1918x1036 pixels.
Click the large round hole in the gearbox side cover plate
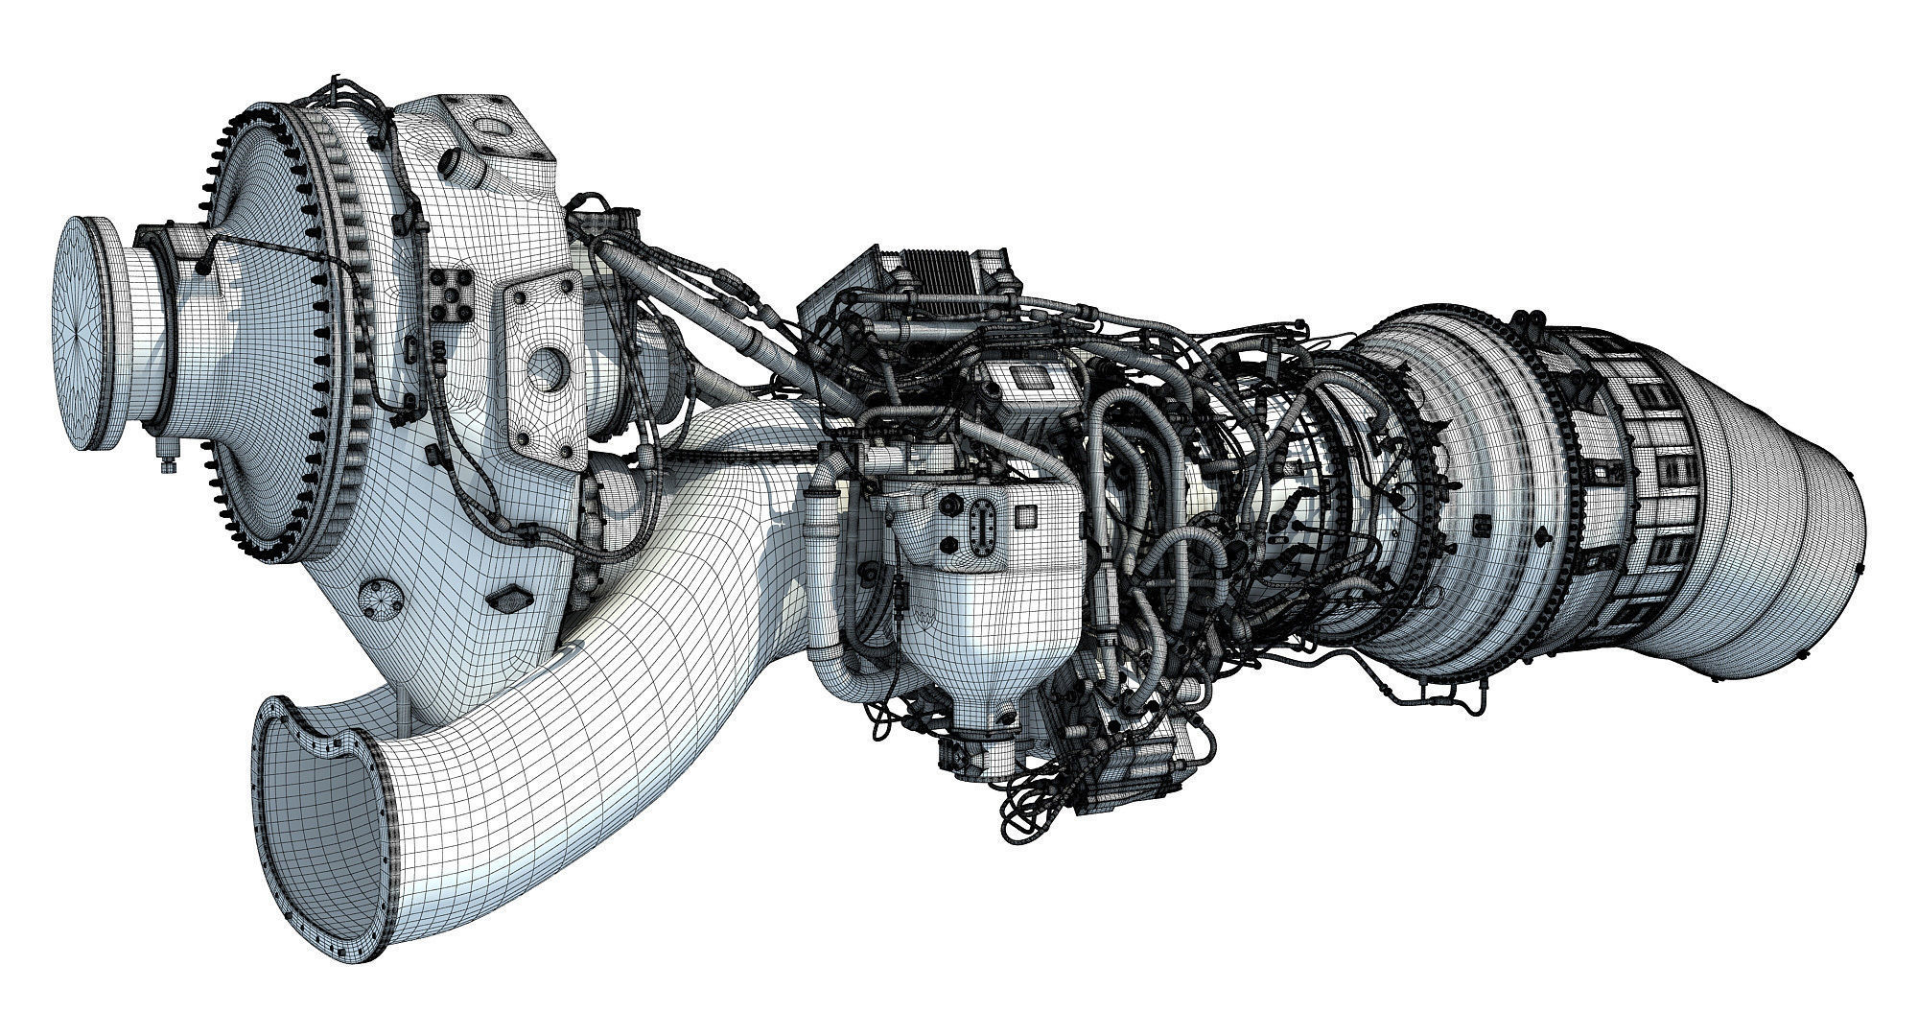click(x=547, y=365)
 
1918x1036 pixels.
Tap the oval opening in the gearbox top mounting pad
click(x=495, y=126)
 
